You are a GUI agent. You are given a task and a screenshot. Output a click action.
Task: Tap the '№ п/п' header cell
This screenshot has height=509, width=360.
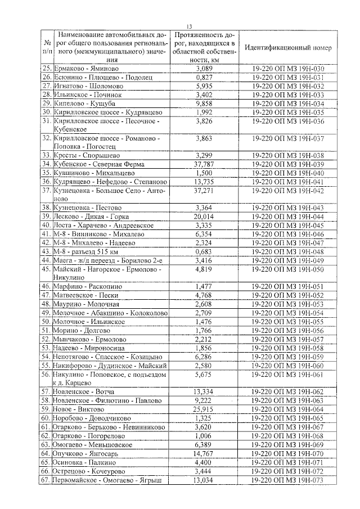point(45,48)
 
